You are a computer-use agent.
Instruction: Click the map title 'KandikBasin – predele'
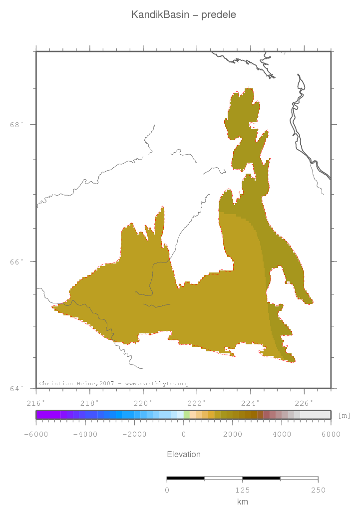(x=183, y=15)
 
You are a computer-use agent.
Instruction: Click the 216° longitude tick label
(x=36, y=402)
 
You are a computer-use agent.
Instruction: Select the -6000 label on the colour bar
(x=35, y=434)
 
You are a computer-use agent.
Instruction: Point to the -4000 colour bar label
(x=85, y=434)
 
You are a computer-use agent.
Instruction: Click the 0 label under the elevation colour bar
(x=184, y=434)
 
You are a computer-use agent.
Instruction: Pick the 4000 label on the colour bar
(x=282, y=434)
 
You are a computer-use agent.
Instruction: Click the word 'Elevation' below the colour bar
(x=183, y=455)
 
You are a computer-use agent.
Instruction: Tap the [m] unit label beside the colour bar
(x=344, y=415)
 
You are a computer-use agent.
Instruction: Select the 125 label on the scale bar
(x=242, y=490)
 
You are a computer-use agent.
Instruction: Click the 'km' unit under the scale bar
(x=242, y=502)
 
